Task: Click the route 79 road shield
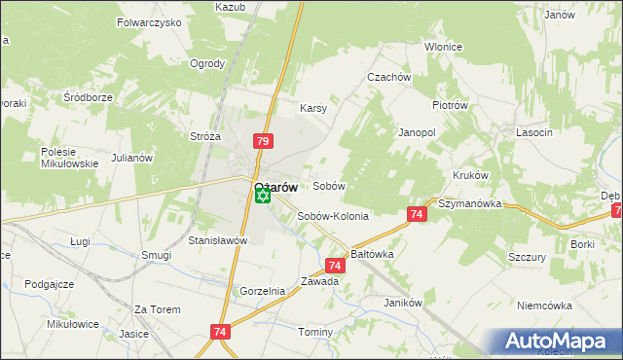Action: [x=262, y=141]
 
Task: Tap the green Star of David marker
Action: [x=262, y=197]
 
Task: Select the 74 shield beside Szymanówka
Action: [x=416, y=214]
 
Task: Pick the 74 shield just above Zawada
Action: [x=335, y=265]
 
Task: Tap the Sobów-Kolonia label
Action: [x=333, y=216]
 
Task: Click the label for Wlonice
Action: [x=444, y=47]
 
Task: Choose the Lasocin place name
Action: [x=535, y=131]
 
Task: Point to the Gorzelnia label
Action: [x=262, y=291]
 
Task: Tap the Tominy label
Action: [x=315, y=332]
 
